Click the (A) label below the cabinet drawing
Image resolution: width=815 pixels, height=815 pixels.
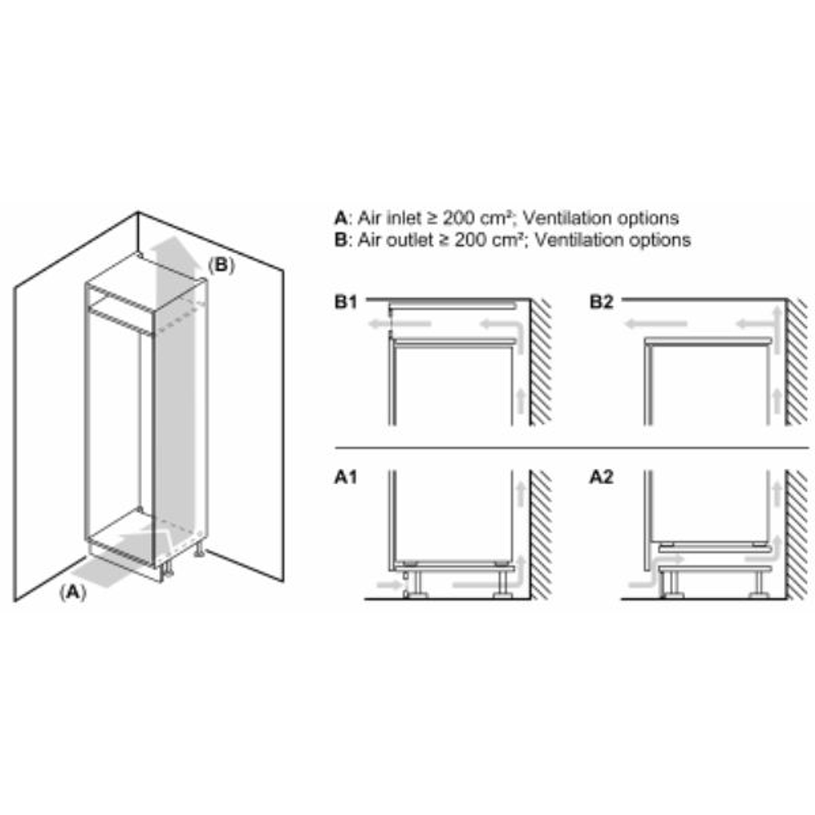point(73,592)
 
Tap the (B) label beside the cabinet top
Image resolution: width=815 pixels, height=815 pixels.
point(221,265)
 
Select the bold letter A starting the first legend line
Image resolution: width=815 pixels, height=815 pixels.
point(341,218)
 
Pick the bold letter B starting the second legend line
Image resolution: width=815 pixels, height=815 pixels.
point(341,240)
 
